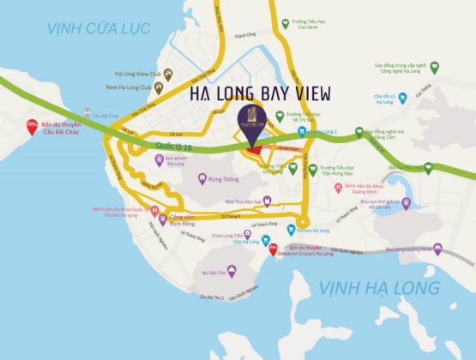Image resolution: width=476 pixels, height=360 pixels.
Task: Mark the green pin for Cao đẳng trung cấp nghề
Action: pos(434,66)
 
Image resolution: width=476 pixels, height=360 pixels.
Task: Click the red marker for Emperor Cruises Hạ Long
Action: pos(272,249)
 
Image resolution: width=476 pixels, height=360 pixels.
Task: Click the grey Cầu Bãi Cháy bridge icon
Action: pos(87,113)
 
